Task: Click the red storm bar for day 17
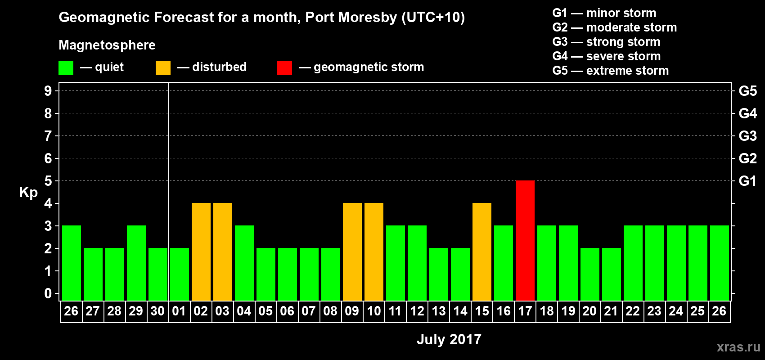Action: (525, 240)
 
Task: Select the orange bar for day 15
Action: (482, 252)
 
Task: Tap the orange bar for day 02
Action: (201, 252)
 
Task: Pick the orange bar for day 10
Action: (374, 252)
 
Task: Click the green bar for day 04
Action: (244, 263)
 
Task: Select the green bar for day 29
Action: (136, 263)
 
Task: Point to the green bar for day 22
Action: (633, 263)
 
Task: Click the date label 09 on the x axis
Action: (352, 311)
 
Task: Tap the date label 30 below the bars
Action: (157, 311)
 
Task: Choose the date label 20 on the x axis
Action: (589, 311)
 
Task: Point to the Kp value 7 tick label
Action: (48, 136)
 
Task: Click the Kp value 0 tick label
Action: (48, 294)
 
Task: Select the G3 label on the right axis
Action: (747, 136)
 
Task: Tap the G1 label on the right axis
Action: (747, 181)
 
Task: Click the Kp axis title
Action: (28, 192)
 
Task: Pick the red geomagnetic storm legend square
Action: (284, 68)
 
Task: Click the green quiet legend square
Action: (66, 68)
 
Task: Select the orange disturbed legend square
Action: (163, 68)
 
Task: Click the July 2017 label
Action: (449, 339)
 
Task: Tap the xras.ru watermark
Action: (738, 347)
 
